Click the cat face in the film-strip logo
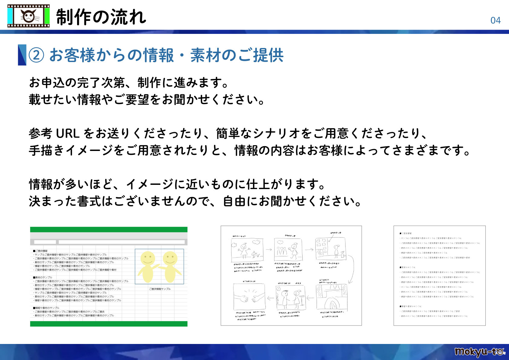click(x=28, y=16)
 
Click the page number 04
click(x=495, y=21)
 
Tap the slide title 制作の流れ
click(x=101, y=17)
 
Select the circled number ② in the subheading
click(x=36, y=55)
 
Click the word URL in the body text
click(x=68, y=133)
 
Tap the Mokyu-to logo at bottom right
click(x=479, y=352)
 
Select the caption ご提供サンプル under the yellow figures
click(x=160, y=289)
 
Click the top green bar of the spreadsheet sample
click(x=109, y=230)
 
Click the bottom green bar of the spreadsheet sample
click(x=109, y=324)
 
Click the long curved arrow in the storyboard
click(x=351, y=269)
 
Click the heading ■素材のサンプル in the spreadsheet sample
click(x=43, y=277)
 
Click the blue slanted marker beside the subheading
click(x=22, y=55)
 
